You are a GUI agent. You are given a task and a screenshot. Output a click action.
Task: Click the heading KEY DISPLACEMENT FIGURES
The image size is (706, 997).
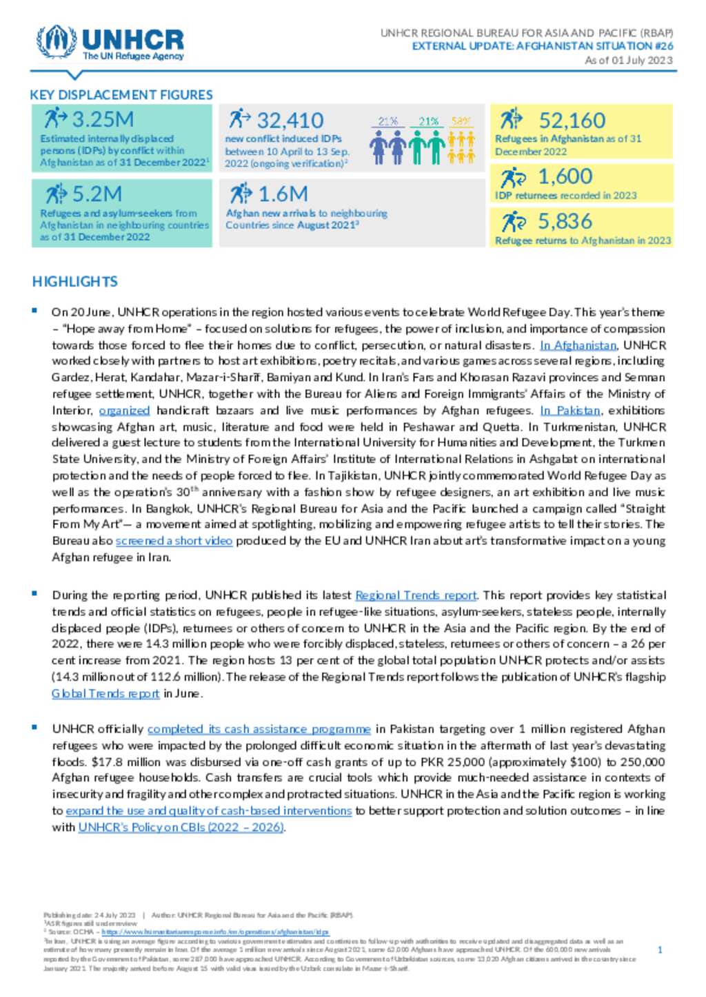click(x=121, y=95)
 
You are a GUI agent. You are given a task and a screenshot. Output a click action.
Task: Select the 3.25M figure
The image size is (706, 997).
click(x=103, y=119)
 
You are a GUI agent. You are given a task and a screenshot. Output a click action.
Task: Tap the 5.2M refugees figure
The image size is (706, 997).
click(x=97, y=194)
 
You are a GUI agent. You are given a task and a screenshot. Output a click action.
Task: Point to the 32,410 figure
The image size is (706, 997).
click(x=290, y=121)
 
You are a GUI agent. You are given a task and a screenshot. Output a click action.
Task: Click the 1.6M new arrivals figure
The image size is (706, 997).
click(x=283, y=194)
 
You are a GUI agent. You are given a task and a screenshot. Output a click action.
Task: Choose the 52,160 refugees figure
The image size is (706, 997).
click(x=572, y=121)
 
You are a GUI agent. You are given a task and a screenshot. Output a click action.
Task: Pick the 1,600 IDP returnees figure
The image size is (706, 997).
click(x=565, y=177)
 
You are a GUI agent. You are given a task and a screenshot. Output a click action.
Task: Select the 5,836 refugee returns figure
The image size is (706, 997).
click(x=565, y=222)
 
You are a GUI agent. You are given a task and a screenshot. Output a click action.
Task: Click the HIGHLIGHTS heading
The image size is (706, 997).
click(x=74, y=282)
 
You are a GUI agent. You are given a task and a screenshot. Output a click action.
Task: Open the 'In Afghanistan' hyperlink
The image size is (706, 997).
click(x=578, y=345)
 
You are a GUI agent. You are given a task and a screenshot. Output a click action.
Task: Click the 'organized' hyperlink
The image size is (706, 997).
click(x=124, y=411)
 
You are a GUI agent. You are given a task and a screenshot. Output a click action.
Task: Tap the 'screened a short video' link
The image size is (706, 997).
click(x=174, y=541)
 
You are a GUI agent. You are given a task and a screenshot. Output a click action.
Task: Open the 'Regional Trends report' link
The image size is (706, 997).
click(x=416, y=595)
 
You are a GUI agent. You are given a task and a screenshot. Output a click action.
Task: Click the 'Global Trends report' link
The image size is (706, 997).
click(x=105, y=694)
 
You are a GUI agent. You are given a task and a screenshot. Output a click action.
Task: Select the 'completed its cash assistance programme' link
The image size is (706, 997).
click(x=259, y=729)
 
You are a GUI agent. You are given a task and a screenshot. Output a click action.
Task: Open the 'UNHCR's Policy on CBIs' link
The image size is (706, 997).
click(x=181, y=828)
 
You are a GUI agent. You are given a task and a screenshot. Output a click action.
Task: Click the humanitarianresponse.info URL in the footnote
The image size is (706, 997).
click(x=215, y=932)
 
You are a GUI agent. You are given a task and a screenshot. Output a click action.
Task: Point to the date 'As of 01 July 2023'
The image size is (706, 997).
click(x=629, y=61)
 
